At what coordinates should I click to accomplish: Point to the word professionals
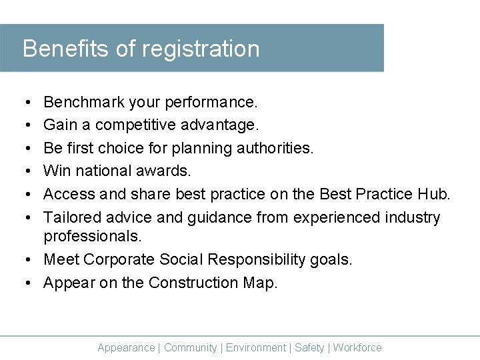point(93,237)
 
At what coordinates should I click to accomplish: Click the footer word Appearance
point(126,347)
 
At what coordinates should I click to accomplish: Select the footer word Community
point(190,347)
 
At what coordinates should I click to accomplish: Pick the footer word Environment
point(256,347)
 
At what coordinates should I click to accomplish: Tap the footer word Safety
point(309,347)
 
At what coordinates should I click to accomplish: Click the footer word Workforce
point(357,347)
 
